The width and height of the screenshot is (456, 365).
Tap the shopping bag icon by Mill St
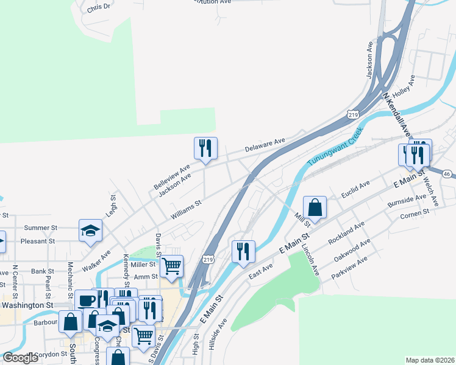[315, 207]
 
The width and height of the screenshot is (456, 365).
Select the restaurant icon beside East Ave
[243, 251]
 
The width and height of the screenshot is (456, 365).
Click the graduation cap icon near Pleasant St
[90, 230]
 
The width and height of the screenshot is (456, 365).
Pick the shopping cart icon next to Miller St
[172, 265]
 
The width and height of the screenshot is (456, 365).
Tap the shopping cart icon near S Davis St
[143, 335]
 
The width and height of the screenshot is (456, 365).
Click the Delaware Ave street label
[265, 145]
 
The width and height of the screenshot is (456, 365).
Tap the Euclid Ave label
[355, 185]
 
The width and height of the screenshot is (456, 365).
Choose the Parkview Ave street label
[349, 268]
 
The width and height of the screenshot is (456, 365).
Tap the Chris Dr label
[99, 8]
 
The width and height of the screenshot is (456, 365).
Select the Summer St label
[40, 228]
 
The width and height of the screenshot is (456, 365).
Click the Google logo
[21, 358]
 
